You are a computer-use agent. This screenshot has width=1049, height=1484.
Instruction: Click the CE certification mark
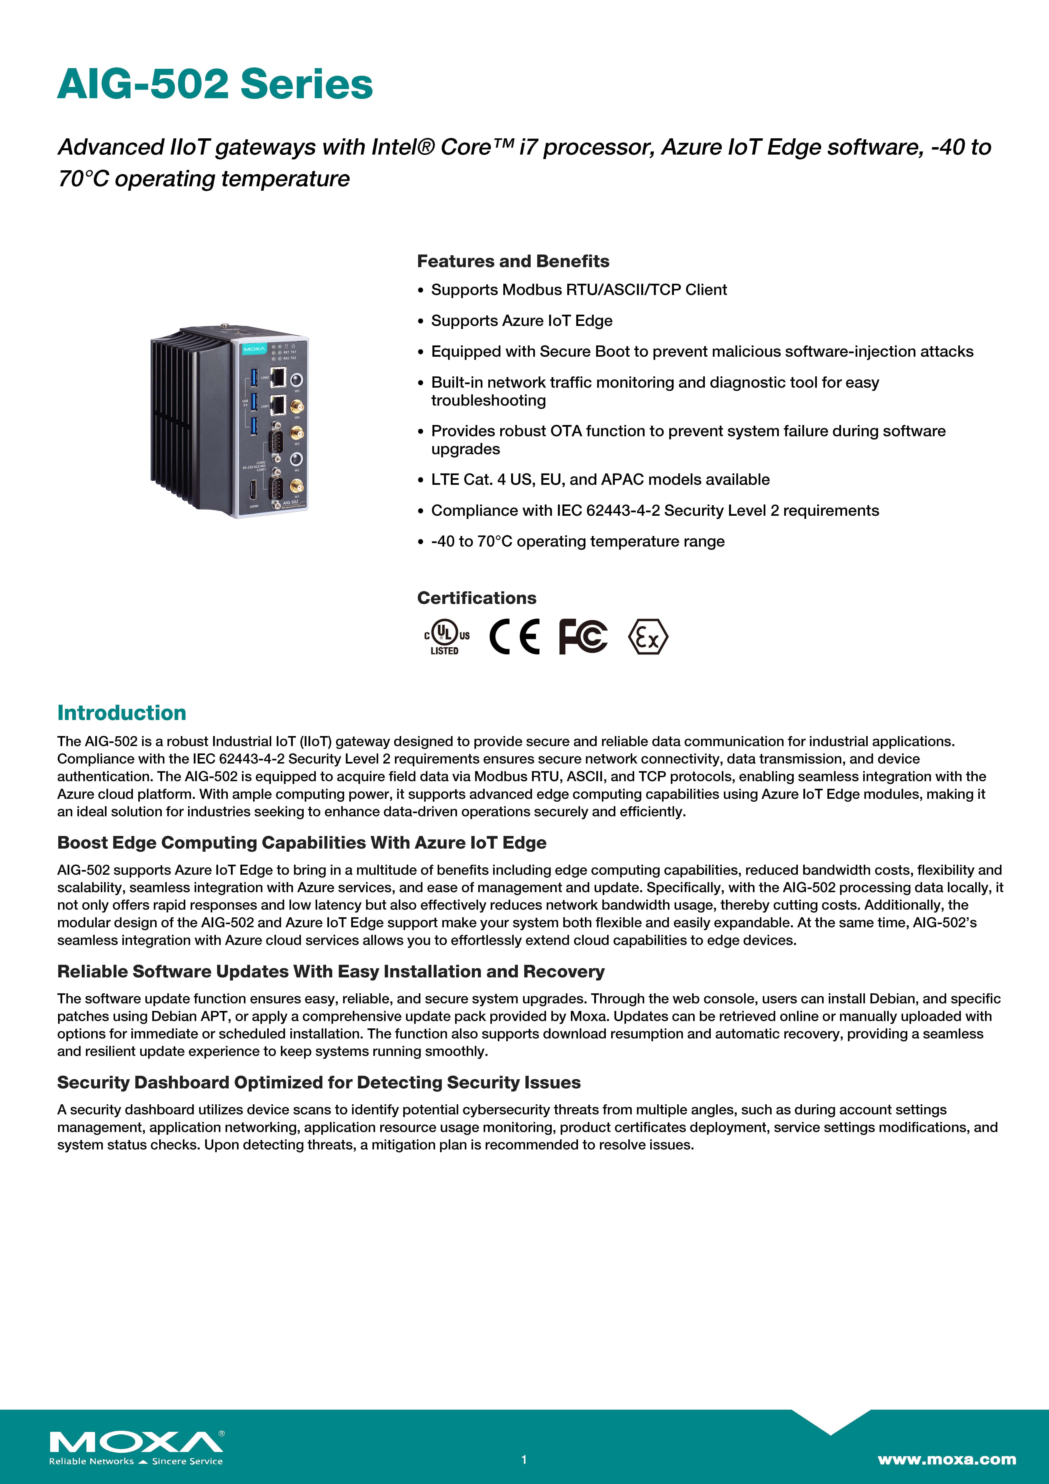coord(515,637)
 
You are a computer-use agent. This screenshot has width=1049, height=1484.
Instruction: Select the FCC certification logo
coord(583,637)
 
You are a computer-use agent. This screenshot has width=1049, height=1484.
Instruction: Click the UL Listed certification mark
coord(446,637)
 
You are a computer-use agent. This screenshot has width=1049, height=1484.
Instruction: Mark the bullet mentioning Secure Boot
coord(702,352)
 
